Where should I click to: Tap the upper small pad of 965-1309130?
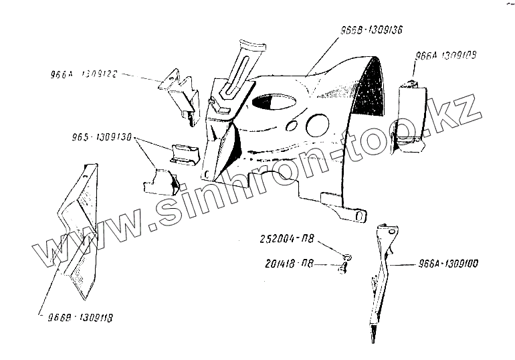(185, 154)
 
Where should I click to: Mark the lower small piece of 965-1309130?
(161, 181)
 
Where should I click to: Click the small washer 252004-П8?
(346, 256)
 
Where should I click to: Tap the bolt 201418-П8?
(343, 268)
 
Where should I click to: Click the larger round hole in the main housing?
(317, 125)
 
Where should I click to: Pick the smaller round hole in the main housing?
(292, 126)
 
